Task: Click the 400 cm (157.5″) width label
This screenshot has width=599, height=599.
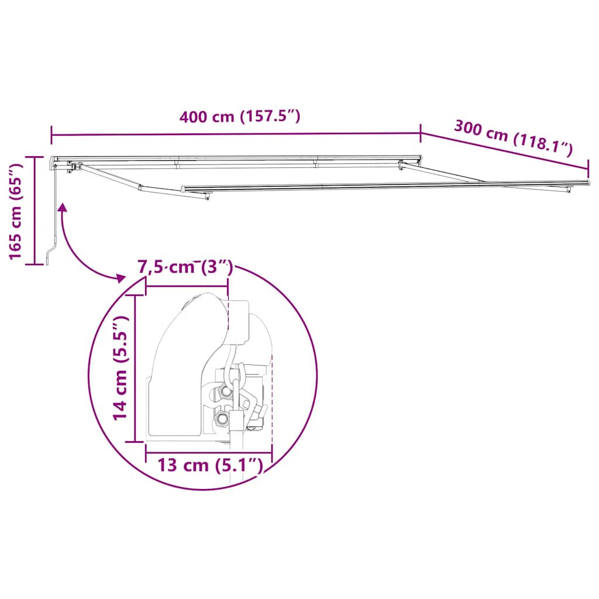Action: coord(240,116)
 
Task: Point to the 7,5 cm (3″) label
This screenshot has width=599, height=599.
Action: coord(185,268)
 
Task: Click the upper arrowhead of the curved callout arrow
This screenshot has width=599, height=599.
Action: coord(61,208)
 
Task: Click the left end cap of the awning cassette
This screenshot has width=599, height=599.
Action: coord(54,160)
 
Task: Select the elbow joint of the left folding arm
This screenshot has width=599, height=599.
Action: coord(140,188)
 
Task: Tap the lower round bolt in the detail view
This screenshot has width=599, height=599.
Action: coord(222,419)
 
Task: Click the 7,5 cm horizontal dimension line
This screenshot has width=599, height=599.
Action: coord(187,287)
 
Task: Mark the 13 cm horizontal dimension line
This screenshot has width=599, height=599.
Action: coord(209,452)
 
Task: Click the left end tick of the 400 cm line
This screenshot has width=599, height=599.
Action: coord(51,135)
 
